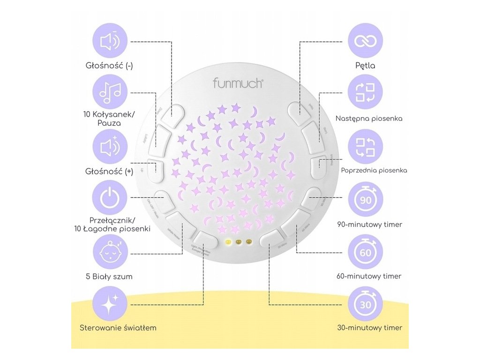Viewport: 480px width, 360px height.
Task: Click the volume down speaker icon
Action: (x=111, y=41)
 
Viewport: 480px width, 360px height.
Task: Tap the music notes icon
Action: (x=111, y=92)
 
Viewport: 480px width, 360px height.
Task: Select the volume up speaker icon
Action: (x=111, y=147)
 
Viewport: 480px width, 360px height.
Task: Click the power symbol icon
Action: (x=111, y=197)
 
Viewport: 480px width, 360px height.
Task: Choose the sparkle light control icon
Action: (x=111, y=304)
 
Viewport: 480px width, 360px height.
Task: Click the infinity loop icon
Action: (x=366, y=41)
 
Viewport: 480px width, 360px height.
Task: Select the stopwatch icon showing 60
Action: (x=366, y=252)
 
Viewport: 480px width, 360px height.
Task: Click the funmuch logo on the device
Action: (x=238, y=83)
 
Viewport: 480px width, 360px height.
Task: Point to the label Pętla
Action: (x=366, y=66)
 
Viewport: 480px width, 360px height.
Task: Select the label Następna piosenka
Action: (x=369, y=119)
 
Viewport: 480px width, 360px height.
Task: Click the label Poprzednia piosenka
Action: (x=374, y=170)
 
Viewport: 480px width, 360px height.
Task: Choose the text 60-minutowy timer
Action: (x=369, y=277)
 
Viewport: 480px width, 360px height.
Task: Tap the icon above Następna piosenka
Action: (x=366, y=92)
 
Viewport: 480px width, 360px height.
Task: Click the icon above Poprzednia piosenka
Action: (x=366, y=147)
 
